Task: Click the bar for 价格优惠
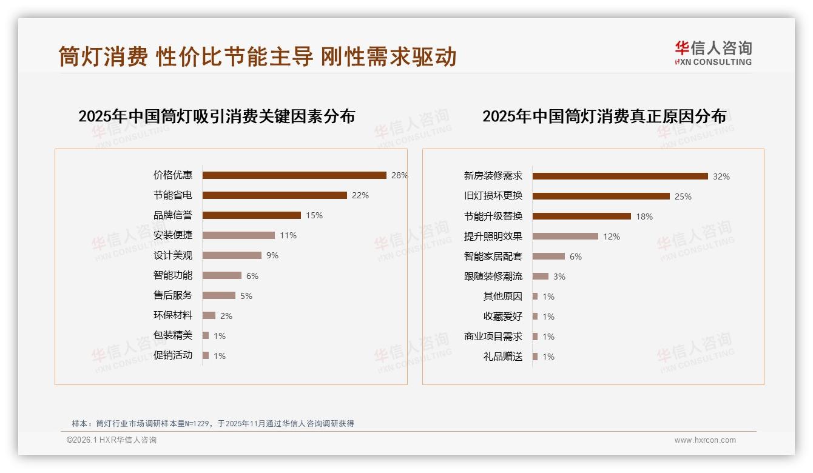(294, 175)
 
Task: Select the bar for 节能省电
(274, 195)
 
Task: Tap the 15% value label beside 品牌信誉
(314, 215)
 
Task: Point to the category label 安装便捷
(173, 235)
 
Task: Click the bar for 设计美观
(232, 255)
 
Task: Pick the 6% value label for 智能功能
(252, 276)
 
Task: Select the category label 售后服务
(173, 295)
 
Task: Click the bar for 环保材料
(209, 315)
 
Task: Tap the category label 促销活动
(173, 355)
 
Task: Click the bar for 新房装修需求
(620, 176)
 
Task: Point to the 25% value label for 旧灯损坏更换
(683, 196)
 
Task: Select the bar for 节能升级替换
(581, 216)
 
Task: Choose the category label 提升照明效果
(493, 236)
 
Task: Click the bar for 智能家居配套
(548, 257)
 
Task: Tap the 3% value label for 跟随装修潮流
(559, 277)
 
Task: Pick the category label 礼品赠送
(502, 357)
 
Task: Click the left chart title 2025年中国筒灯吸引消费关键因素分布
(217, 116)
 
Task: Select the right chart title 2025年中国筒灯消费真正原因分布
(604, 116)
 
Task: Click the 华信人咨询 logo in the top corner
(713, 53)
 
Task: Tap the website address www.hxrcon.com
(705, 440)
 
